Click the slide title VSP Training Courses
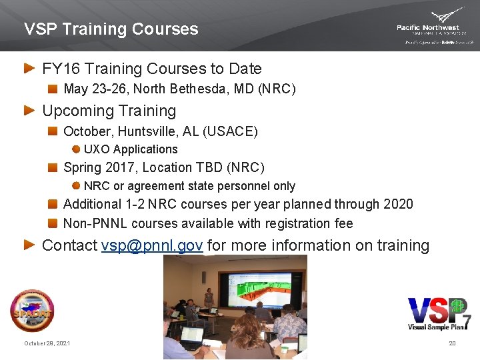tap(111, 29)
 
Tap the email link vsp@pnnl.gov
tap(152, 245)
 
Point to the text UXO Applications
tap(131, 149)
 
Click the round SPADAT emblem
tap(32, 311)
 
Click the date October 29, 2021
tap(47, 343)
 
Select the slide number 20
tap(452, 343)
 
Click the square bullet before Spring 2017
tap(53, 167)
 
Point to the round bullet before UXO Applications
tap(76, 149)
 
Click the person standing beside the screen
tap(209, 300)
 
